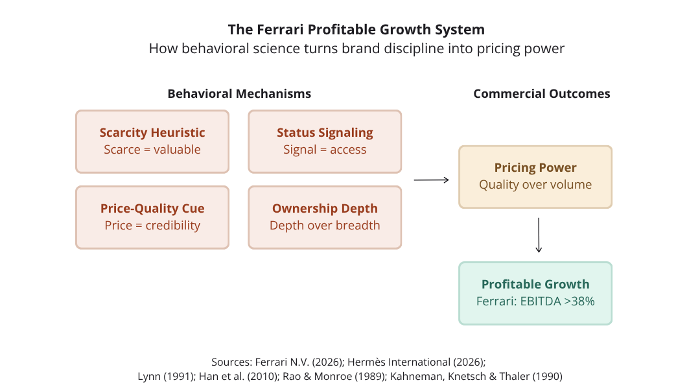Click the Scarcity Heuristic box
[x=152, y=141]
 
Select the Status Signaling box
[x=325, y=141]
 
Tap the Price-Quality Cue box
[x=152, y=217]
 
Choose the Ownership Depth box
[x=325, y=217]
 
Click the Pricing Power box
[x=535, y=176]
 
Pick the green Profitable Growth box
[x=535, y=293]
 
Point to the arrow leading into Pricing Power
[x=431, y=180]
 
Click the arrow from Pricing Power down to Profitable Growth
[x=538, y=235]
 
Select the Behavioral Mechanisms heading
[x=239, y=93]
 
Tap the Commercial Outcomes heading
[x=542, y=93]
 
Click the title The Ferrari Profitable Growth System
[x=356, y=30]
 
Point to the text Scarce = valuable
[x=152, y=150]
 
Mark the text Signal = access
[x=325, y=150]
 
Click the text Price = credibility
[x=152, y=226]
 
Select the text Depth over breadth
[x=325, y=226]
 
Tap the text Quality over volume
[x=535, y=185]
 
